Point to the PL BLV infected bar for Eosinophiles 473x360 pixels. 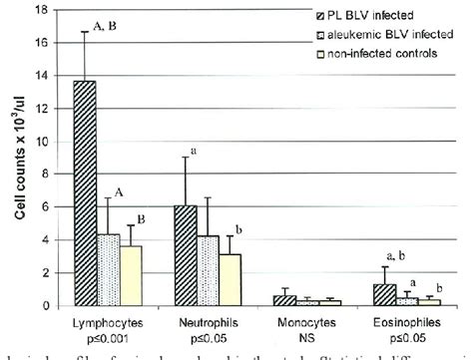point(384,294)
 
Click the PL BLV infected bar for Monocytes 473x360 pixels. point(284,300)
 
